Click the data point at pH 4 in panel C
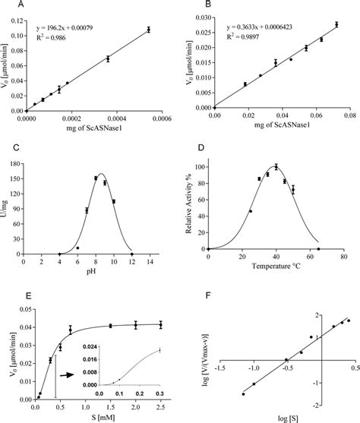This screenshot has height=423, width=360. point(59,254)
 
